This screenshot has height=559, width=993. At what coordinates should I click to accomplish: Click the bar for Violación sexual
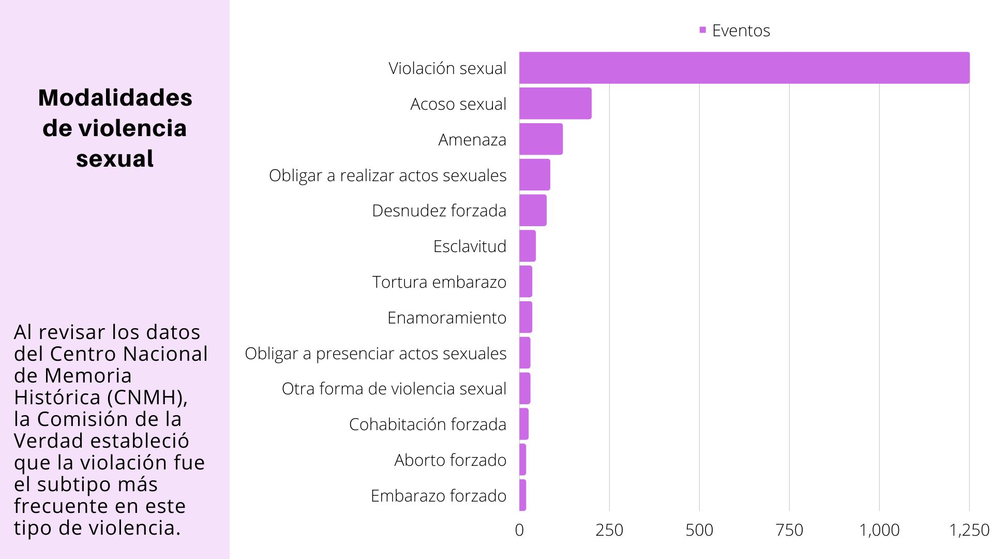coord(744,68)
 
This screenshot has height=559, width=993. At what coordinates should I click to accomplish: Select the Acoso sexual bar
coord(555,104)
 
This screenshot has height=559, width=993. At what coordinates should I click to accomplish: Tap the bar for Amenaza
coord(540,139)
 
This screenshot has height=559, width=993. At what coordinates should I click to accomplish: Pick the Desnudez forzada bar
coord(533,211)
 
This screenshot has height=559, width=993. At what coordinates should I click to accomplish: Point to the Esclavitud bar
coord(528,246)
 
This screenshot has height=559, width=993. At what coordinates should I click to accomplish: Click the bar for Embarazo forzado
coord(523,495)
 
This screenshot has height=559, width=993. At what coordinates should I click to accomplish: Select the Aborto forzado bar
coord(523,460)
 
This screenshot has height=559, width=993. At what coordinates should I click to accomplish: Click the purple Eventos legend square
coord(702,30)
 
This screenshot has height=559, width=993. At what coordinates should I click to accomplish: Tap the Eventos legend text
coord(741,31)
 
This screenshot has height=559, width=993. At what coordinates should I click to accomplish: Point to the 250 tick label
coord(609,530)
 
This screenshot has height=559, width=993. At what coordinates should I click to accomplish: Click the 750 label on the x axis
coord(789,530)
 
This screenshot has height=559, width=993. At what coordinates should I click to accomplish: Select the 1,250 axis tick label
coord(969,530)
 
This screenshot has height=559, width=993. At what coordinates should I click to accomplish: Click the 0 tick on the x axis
coord(519,530)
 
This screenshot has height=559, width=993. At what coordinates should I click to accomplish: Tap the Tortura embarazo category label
coord(439,282)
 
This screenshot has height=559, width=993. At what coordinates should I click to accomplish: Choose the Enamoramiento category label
coord(446,318)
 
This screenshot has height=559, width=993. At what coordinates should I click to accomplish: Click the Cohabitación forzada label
coord(427,424)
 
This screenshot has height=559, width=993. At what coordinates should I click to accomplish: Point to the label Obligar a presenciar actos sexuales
coord(375,354)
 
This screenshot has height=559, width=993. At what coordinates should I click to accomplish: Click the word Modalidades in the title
coord(115,98)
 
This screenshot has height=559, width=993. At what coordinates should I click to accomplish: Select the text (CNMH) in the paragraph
coord(147,398)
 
